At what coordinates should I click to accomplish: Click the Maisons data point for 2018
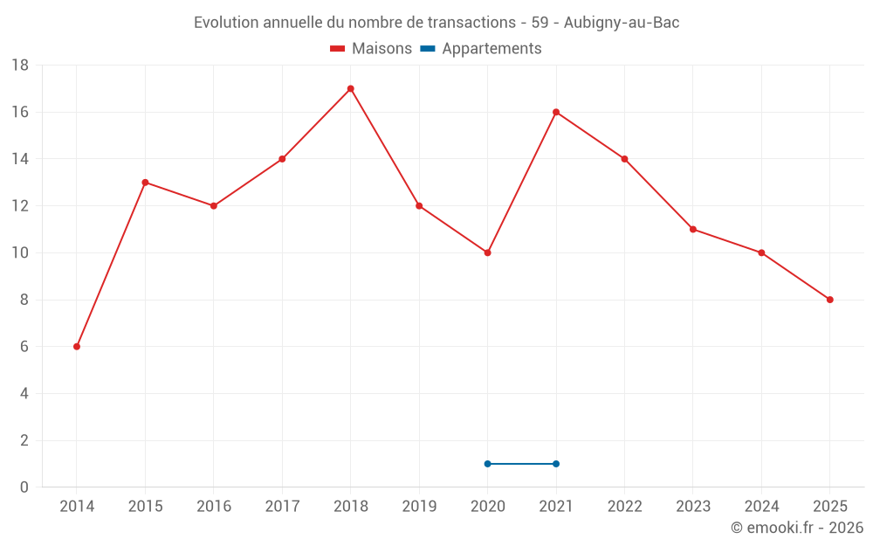coord(350,88)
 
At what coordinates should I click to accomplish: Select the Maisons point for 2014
coord(77,347)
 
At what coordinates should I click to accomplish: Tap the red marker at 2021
coord(556,112)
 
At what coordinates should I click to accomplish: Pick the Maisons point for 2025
coord(830,300)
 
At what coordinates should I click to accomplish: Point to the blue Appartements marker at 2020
coord(487,464)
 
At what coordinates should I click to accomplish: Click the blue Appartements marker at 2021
coord(556,464)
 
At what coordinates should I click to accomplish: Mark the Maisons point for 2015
coord(145,183)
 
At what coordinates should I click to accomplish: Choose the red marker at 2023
coord(693,229)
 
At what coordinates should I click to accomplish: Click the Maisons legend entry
coord(372,49)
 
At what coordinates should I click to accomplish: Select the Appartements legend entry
coord(482,49)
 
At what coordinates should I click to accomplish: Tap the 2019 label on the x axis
coord(419,506)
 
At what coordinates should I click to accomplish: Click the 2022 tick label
coord(624,506)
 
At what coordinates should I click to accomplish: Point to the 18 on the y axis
coord(20,66)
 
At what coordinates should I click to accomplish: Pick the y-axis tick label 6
coord(24,347)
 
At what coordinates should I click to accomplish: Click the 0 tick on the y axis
coord(24,487)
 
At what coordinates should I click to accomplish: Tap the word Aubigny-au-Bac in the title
coord(622,23)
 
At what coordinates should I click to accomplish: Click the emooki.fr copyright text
coord(797,528)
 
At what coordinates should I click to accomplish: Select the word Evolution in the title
coord(226,23)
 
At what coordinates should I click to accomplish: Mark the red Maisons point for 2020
coord(487,252)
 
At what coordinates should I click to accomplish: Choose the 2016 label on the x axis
coord(214,506)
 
